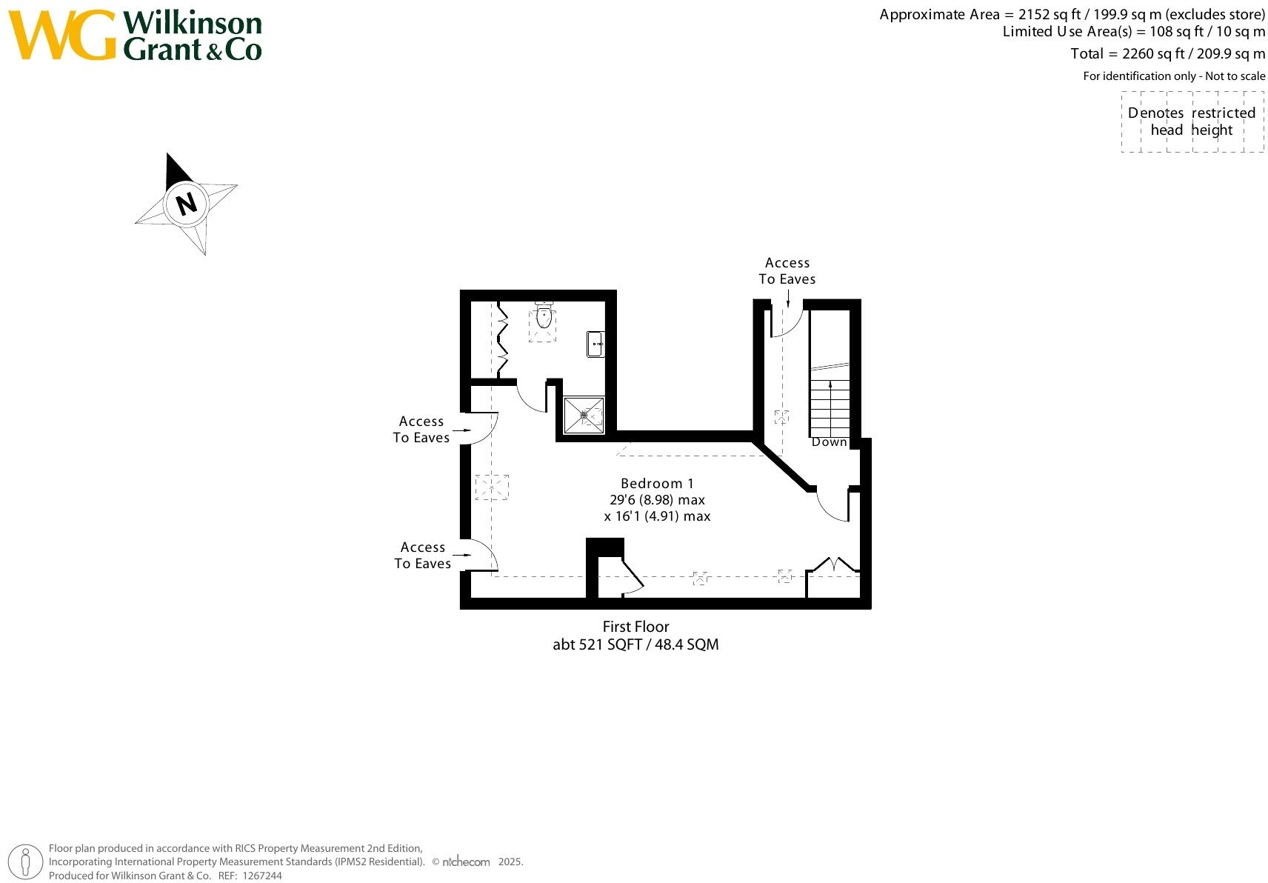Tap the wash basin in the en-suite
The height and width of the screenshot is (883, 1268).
click(x=595, y=344)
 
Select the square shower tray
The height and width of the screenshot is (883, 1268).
click(x=584, y=416)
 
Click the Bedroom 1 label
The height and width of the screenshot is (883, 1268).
click(x=657, y=484)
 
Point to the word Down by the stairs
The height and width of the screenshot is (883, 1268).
click(x=829, y=442)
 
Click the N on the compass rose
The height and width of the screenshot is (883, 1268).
click(x=187, y=203)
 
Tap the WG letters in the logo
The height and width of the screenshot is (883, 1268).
click(x=62, y=35)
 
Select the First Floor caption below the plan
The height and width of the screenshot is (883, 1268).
click(x=635, y=627)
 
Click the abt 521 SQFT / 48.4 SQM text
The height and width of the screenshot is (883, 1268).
click(x=635, y=644)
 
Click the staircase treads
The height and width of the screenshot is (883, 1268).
click(x=830, y=407)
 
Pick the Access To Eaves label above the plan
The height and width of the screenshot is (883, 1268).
click(x=787, y=271)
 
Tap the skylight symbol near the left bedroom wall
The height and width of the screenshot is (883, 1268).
click(x=493, y=487)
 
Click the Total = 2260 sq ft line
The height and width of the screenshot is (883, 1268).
click(x=1167, y=53)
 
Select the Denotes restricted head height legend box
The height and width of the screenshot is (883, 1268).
click(x=1192, y=122)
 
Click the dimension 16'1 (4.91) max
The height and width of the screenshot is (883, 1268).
click(x=657, y=516)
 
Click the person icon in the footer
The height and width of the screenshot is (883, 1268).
click(x=26, y=862)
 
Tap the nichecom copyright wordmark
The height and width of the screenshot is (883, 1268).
click(x=466, y=862)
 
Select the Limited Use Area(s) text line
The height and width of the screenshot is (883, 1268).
click(x=1133, y=32)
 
